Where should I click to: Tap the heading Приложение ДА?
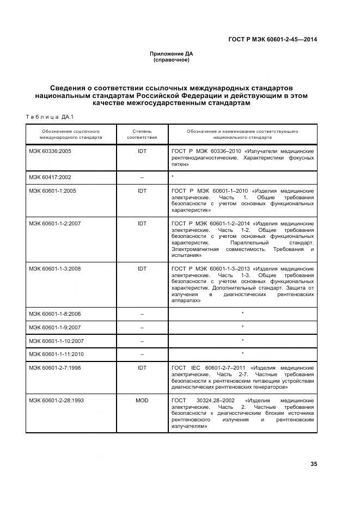[x=172, y=53]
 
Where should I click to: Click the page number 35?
[x=313, y=464]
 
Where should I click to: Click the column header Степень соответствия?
[x=142, y=134]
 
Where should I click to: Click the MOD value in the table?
[x=142, y=400]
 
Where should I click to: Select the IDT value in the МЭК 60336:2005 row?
[x=142, y=151]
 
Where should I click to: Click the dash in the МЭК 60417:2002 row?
[x=142, y=177]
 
